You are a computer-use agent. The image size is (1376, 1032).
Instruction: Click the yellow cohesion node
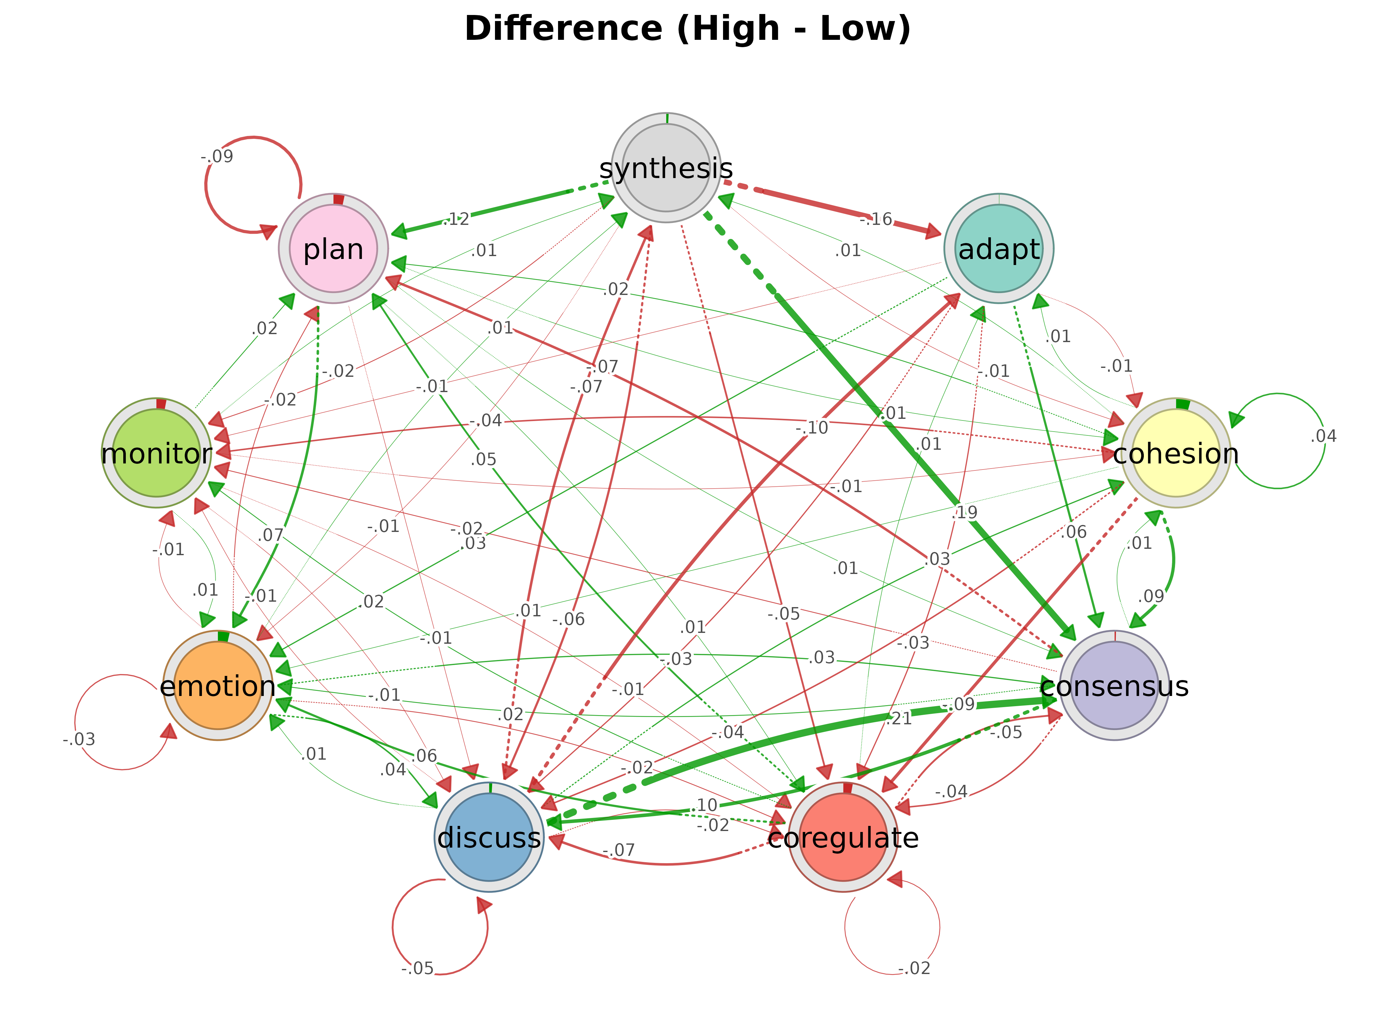[x=1176, y=453]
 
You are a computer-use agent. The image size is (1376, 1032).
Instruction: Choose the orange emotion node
[x=218, y=685]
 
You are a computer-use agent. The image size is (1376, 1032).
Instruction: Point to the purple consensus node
[x=1114, y=685]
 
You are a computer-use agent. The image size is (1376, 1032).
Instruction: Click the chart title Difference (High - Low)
[x=687, y=29]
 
